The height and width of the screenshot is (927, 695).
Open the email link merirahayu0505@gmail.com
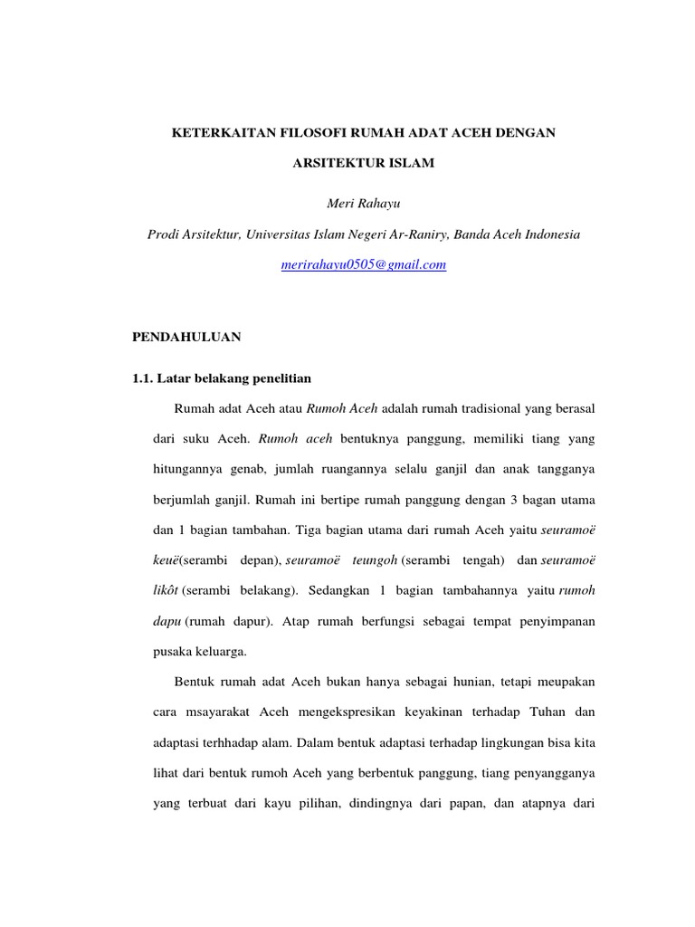tap(364, 264)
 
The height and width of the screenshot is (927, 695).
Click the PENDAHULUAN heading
tap(186, 336)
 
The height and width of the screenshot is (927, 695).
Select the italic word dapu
tap(167, 622)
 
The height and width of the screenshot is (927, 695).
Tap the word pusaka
tap(170, 652)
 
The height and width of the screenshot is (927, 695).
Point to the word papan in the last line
tap(450, 804)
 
